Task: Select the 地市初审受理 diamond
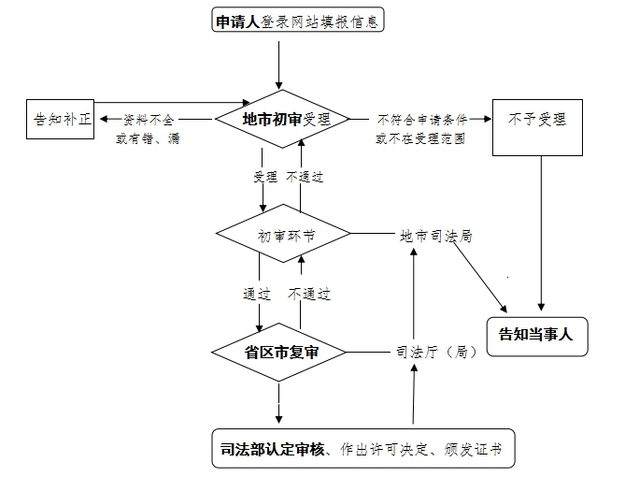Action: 282,119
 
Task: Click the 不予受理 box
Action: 538,120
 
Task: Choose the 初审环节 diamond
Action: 282,235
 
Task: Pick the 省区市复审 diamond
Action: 280,353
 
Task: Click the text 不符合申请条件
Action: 421,120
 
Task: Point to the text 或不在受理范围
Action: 421,138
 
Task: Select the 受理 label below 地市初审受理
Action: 264,177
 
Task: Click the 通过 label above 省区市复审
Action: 257,294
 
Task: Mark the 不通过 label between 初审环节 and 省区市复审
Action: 309,294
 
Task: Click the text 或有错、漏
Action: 148,138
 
